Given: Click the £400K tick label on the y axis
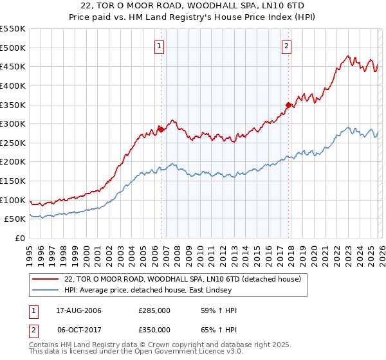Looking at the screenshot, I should (x=12, y=85).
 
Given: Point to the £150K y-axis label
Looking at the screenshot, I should (x=12, y=181).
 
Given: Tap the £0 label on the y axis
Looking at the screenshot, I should (x=20, y=238).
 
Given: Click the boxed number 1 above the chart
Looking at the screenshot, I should (x=160, y=46).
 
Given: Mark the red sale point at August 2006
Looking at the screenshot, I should (x=161, y=129).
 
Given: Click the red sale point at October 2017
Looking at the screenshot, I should (x=288, y=105).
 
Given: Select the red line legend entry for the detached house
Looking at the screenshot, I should (x=187, y=278).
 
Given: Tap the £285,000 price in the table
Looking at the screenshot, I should (x=154, y=310).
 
